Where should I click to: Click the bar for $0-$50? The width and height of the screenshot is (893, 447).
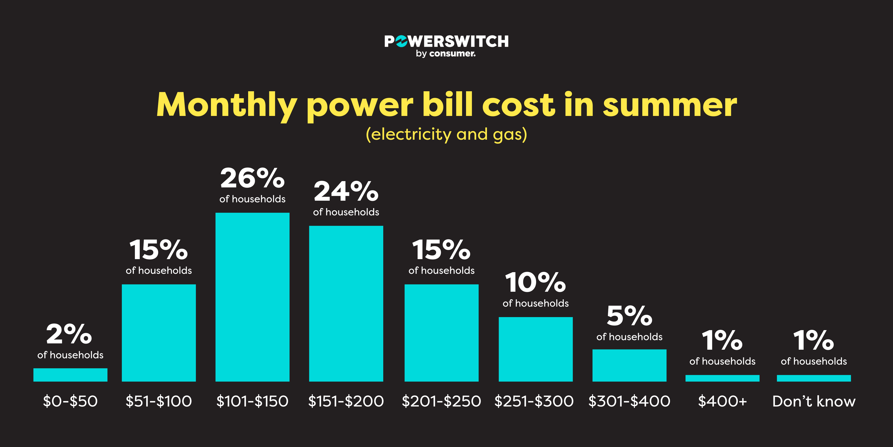[70, 375]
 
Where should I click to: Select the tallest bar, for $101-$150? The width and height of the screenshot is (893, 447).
[252, 297]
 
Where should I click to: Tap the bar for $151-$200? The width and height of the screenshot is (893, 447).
[346, 304]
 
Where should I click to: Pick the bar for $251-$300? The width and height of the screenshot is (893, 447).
[536, 349]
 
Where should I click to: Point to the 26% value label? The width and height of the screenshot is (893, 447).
[252, 178]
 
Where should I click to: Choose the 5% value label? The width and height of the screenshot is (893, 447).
[629, 316]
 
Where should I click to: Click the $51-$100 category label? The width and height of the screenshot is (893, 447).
[159, 401]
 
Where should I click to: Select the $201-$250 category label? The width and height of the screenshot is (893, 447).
[441, 401]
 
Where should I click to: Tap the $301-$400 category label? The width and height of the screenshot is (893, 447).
[629, 401]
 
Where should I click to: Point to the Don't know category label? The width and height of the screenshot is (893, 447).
[814, 401]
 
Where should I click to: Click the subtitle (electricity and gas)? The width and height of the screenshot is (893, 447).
[446, 134]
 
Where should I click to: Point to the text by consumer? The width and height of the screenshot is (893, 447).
[446, 54]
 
